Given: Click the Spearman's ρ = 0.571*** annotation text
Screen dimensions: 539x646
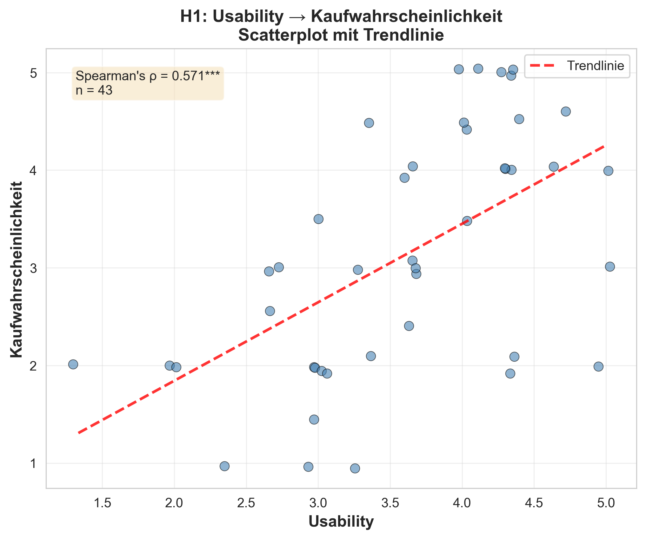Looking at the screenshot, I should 148,76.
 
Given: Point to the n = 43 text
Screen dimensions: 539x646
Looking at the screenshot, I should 94,90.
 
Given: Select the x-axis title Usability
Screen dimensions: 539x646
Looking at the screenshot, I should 341,522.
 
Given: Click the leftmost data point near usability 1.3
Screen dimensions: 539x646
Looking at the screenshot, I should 73,364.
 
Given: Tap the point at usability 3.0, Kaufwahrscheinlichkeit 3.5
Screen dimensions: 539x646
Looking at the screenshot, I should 318,219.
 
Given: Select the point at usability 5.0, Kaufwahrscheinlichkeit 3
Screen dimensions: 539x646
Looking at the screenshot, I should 610,266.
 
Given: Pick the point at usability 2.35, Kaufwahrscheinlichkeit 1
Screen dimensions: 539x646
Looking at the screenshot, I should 224,466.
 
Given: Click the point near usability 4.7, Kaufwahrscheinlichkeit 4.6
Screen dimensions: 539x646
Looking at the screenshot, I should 566,111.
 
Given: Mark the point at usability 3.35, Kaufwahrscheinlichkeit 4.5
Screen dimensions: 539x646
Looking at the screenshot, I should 369,123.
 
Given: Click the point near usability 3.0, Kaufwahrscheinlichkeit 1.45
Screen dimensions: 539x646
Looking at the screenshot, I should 314,420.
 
